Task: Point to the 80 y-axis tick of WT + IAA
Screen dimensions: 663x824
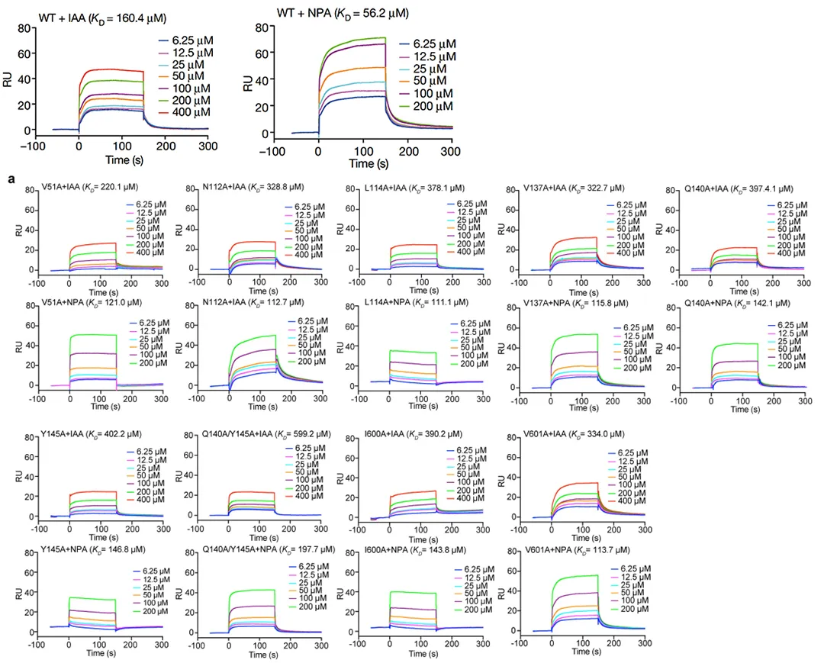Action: pyautogui.click(x=24, y=27)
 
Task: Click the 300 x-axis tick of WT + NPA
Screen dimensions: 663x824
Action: pyautogui.click(x=452, y=150)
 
